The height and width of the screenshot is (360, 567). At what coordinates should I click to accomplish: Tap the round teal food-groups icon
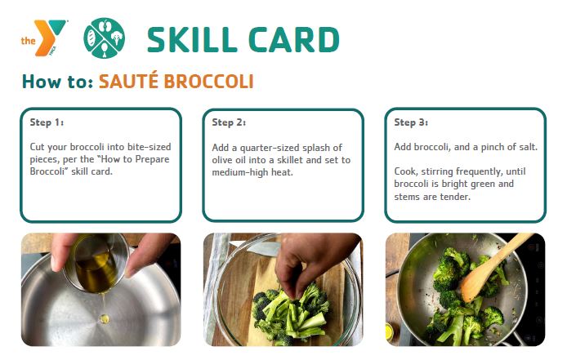click(104, 38)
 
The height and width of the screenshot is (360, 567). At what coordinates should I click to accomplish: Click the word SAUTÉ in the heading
click(128, 81)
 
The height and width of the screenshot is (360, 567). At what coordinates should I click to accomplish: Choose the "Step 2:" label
click(229, 122)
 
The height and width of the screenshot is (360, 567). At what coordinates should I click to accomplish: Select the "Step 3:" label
click(411, 122)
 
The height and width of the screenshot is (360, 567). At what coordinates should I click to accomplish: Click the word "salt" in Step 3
click(528, 147)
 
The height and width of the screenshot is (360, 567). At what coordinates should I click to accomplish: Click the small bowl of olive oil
click(96, 263)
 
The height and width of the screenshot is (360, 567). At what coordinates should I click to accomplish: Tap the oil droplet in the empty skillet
click(104, 318)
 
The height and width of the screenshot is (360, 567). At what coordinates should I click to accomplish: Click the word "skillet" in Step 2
click(290, 160)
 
